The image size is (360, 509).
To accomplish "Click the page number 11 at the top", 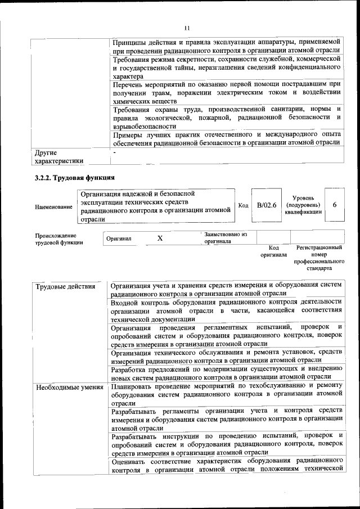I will pos(187,29).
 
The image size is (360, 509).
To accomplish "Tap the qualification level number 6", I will pos(335,205).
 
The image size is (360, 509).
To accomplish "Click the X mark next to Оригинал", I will pos(160,238).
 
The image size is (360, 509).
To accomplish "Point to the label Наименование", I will pos(53,207).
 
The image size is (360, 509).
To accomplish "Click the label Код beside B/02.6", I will pos(244,205).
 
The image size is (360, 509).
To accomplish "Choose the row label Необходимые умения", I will pos(69,388).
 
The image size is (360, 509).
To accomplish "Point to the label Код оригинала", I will pos(273,251).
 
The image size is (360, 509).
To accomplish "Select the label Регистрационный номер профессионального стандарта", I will pos(319,258).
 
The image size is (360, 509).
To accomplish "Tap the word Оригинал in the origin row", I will pos(119,239).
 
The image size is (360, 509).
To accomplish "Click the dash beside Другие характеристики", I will pos(114,152).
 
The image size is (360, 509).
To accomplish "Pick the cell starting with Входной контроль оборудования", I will pos(226,310).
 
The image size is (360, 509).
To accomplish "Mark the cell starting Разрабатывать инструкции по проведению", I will pos(226,444).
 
